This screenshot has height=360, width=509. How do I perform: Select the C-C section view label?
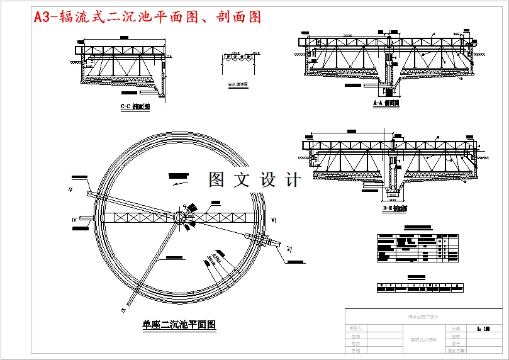(x=135, y=107)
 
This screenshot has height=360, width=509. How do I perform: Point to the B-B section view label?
(x=395, y=208)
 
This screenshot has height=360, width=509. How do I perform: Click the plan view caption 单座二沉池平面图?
(x=179, y=325)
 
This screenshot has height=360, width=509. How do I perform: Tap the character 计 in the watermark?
(x=292, y=180)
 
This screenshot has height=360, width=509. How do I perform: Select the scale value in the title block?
(x=484, y=329)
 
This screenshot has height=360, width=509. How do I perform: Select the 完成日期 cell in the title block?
(x=456, y=351)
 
